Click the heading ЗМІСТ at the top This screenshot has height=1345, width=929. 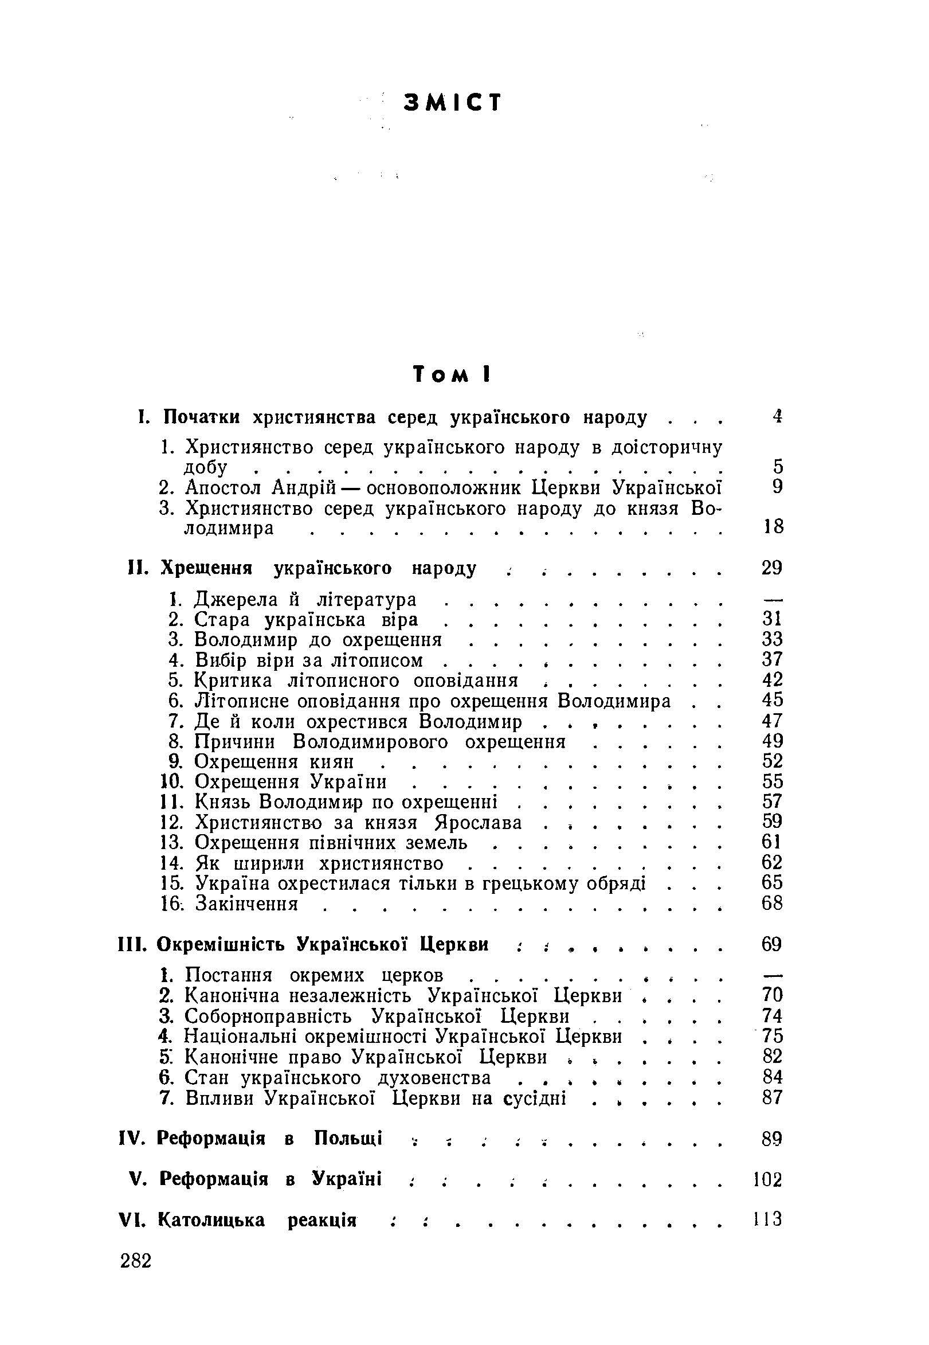click(x=452, y=103)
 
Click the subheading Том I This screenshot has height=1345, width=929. click(x=452, y=374)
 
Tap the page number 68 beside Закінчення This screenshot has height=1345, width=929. click(x=772, y=903)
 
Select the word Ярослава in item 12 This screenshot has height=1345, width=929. click(x=479, y=822)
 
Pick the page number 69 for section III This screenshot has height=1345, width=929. click(x=771, y=944)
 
